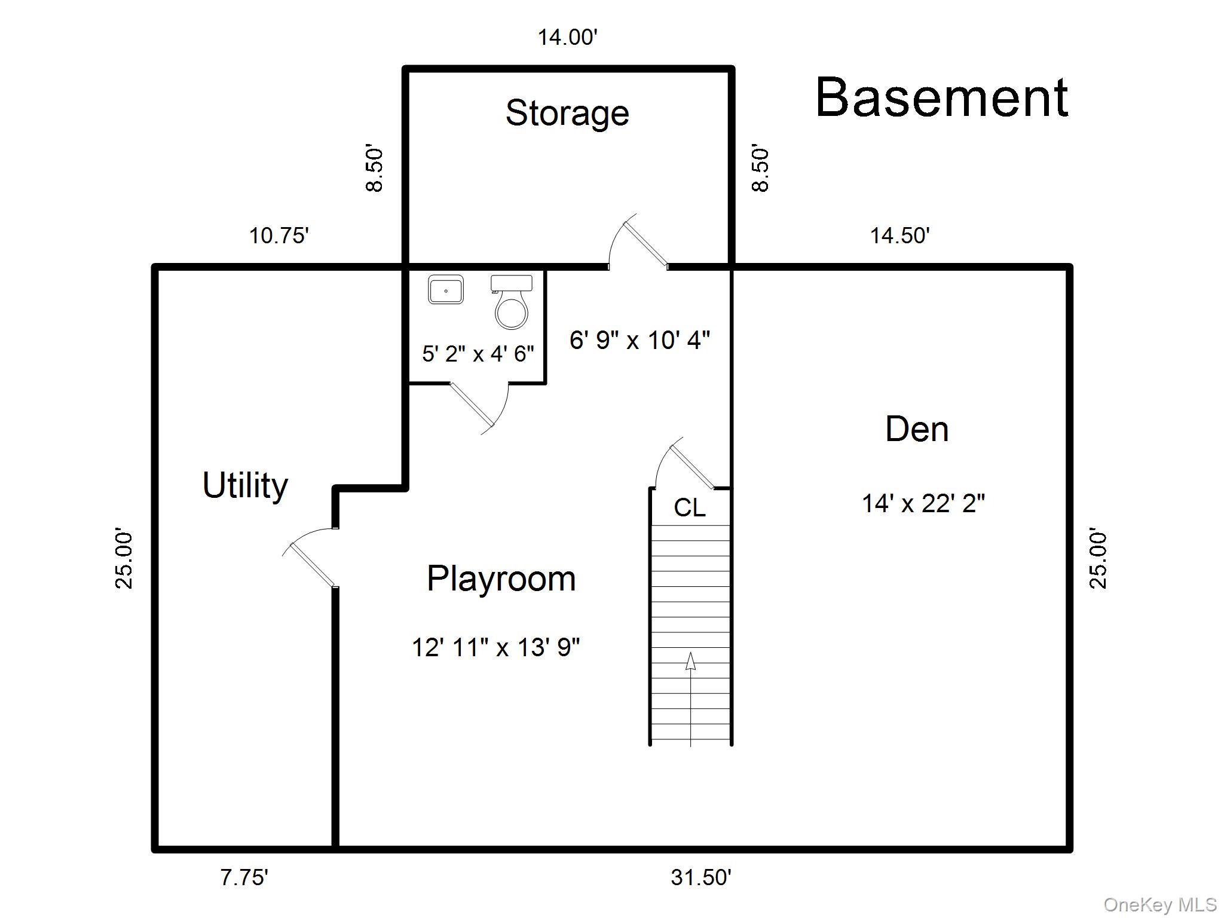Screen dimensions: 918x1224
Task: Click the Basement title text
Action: pyautogui.click(x=941, y=97)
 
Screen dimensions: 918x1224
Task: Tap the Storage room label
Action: pyautogui.click(x=567, y=113)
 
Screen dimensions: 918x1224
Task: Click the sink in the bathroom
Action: pyautogui.click(x=446, y=290)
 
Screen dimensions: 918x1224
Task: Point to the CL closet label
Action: pyautogui.click(x=689, y=508)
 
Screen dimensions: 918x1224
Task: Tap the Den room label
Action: pyautogui.click(x=916, y=429)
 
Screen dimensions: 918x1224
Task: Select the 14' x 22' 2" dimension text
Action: pyautogui.click(x=923, y=504)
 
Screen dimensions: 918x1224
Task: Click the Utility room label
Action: pyautogui.click(x=245, y=485)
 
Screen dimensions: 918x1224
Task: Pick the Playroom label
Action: pyautogui.click(x=501, y=579)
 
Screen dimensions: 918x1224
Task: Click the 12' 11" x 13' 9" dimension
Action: pyautogui.click(x=495, y=647)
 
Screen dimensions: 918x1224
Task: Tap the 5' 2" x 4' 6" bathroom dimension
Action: pyautogui.click(x=478, y=354)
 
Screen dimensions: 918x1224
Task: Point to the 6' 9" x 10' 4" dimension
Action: pyautogui.click(x=639, y=340)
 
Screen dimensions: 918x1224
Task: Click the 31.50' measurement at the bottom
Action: pyautogui.click(x=700, y=877)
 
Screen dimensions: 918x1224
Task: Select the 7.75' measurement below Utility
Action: pyautogui.click(x=244, y=877)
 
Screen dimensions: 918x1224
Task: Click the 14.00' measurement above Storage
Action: pyautogui.click(x=567, y=38)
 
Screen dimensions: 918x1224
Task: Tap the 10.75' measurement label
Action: pyautogui.click(x=279, y=235)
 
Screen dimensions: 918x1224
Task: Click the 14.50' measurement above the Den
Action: pyautogui.click(x=899, y=235)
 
